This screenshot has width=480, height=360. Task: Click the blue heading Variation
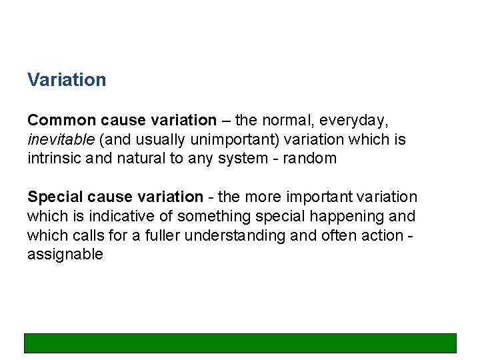coord(67,80)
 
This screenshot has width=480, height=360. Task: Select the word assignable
coord(65,255)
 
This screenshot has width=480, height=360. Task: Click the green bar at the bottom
coord(240,343)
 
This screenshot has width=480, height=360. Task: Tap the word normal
coord(289,121)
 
